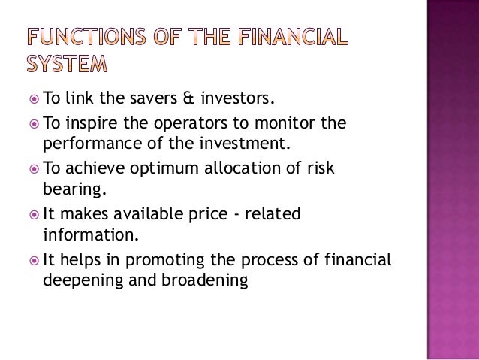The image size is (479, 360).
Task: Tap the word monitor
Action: [x=288, y=123]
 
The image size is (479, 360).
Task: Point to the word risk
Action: [x=319, y=169]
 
